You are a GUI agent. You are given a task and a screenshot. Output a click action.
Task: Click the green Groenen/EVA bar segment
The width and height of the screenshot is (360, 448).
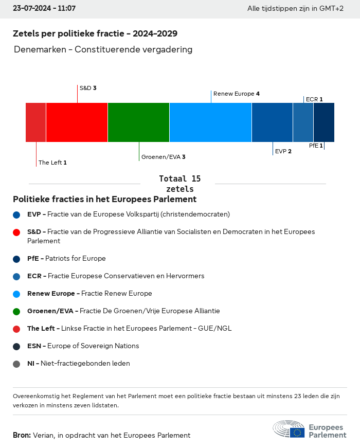tap(138, 122)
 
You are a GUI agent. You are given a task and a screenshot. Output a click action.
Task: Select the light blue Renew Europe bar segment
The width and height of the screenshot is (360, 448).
tap(210, 122)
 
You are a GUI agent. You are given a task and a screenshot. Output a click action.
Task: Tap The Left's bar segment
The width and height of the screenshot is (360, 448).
tap(36, 122)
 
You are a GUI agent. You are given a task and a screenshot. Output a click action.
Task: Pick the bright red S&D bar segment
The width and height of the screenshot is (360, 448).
tap(77, 122)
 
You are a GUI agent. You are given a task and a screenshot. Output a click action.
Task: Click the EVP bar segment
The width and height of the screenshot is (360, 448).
tap(272, 122)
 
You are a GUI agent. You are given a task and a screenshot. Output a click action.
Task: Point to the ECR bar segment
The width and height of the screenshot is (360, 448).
tap(303, 122)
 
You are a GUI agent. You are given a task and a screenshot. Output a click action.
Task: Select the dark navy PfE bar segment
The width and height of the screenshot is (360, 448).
tap(324, 122)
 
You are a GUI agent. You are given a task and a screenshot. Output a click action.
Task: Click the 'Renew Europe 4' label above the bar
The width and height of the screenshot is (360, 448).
tap(236, 94)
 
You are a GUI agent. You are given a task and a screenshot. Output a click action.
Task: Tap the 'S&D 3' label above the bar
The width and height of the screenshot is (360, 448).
tap(88, 88)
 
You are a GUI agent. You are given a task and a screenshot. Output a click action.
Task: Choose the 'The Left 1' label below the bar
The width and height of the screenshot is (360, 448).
tap(52, 163)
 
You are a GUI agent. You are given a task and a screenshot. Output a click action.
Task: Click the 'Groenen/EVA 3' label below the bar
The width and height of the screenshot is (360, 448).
tap(163, 157)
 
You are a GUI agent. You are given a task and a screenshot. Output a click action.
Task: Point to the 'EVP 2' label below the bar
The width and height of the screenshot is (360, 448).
tap(283, 151)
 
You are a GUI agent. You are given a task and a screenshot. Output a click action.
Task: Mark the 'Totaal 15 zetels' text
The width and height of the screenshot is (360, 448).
tap(179, 184)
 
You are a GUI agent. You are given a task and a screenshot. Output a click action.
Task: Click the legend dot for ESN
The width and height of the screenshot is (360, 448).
tap(16, 347)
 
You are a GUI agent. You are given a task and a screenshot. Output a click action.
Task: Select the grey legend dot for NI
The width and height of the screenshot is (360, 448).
tap(16, 364)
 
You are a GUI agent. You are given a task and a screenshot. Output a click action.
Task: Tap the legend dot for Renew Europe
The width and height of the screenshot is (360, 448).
tap(16, 294)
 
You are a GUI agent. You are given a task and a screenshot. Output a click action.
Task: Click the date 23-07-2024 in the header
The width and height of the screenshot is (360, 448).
tap(34, 9)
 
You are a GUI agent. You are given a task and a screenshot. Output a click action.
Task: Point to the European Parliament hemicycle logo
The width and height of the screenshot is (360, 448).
tap(289, 429)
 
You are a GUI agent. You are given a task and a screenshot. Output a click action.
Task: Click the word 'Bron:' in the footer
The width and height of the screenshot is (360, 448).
tap(22, 435)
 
